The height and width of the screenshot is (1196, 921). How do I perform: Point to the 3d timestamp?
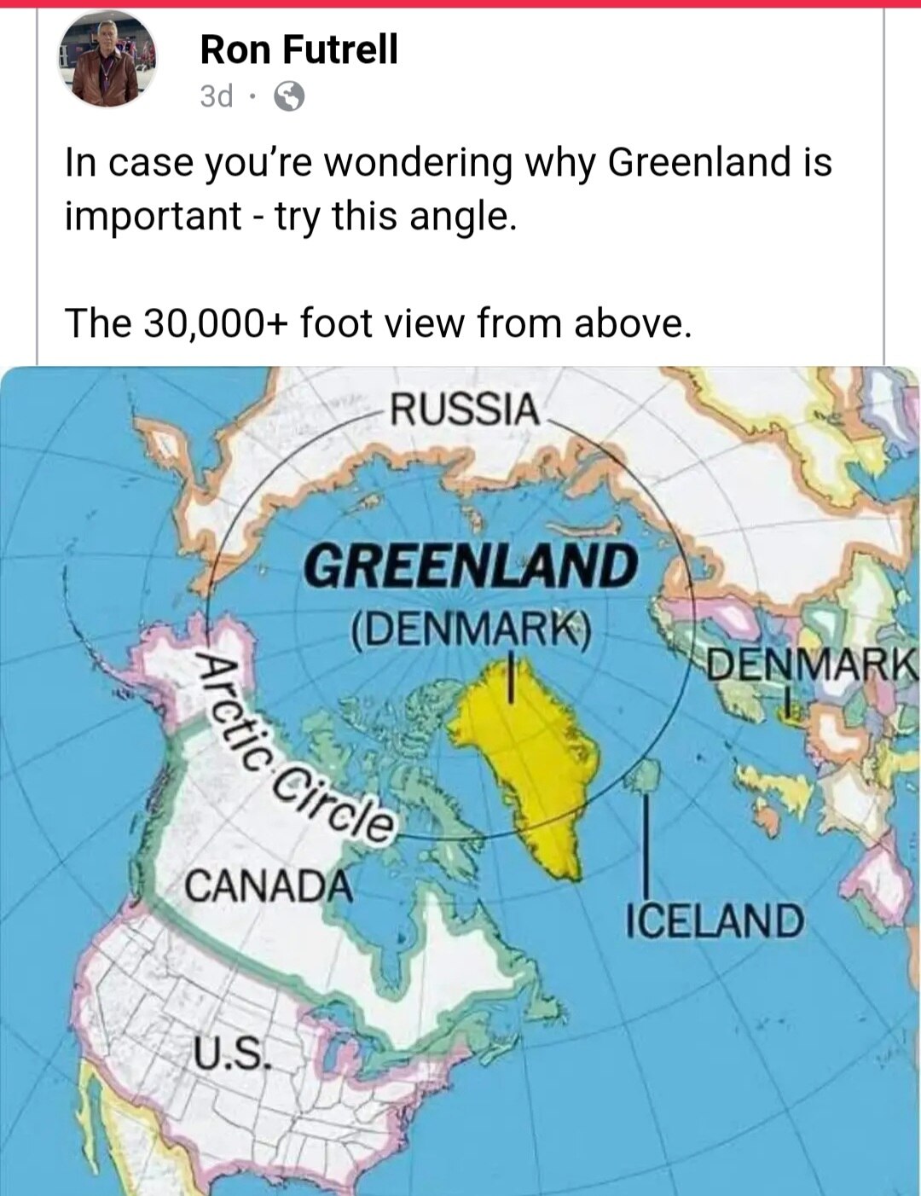click(217, 97)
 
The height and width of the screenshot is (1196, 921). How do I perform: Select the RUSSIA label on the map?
click(465, 410)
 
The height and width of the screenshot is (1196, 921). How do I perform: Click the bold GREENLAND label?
click(472, 566)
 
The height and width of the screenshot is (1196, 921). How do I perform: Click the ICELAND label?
click(715, 921)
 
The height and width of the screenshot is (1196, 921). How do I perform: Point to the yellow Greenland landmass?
click(529, 768)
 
